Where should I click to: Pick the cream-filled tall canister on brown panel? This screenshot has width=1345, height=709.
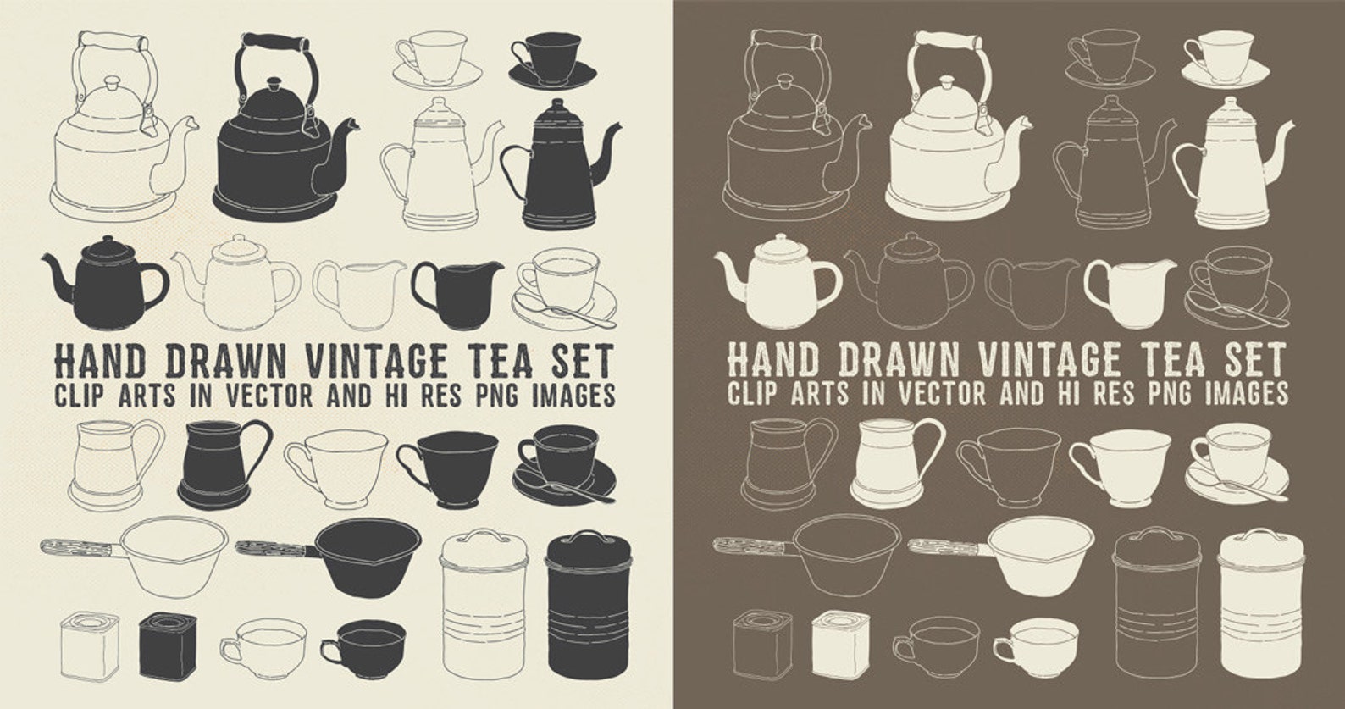coord(1260,601)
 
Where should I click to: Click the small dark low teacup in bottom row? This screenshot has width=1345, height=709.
coord(366,645)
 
